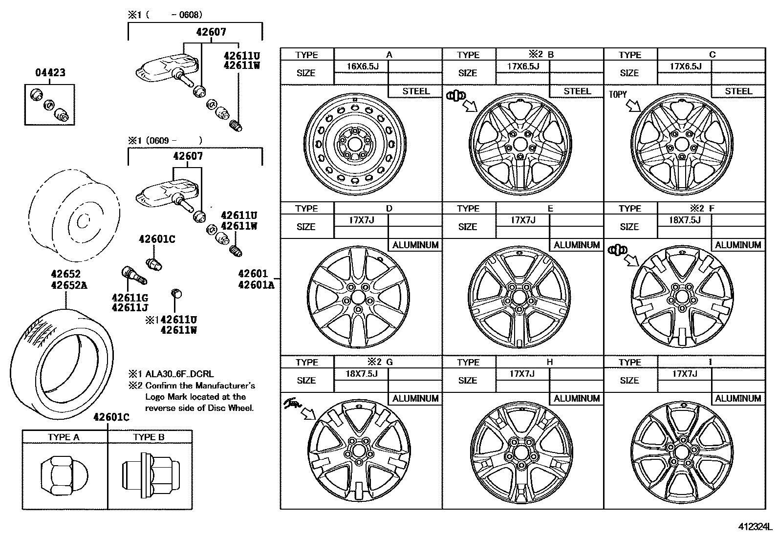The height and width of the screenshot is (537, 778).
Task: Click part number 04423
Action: tap(50, 73)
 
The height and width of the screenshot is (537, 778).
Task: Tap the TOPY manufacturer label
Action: tap(618, 94)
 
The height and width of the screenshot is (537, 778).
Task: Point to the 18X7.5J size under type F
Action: tap(684, 220)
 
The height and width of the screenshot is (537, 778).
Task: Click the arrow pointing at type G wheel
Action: tap(309, 415)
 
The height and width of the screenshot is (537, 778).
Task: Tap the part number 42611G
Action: tap(130, 298)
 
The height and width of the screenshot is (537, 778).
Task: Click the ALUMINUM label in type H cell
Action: tap(577, 399)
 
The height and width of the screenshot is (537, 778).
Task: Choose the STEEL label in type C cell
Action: tap(738, 91)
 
